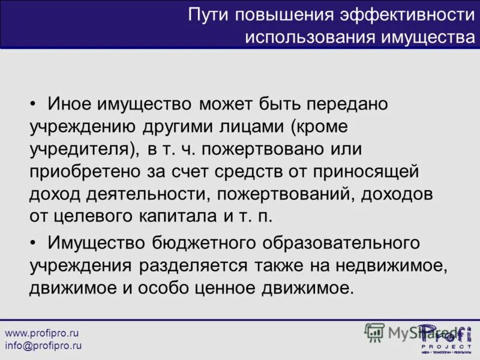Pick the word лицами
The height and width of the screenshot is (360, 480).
(x=251, y=127)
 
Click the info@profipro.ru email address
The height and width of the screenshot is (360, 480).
(x=43, y=346)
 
